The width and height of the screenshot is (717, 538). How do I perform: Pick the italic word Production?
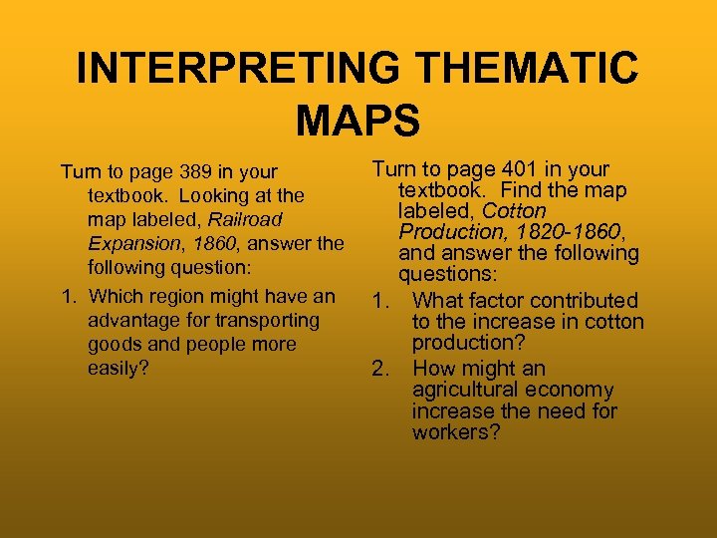point(446,231)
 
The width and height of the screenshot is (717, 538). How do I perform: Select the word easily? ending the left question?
point(117,368)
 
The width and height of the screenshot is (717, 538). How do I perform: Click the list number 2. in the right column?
point(380,369)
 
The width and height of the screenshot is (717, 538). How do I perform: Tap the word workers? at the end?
point(457,433)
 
